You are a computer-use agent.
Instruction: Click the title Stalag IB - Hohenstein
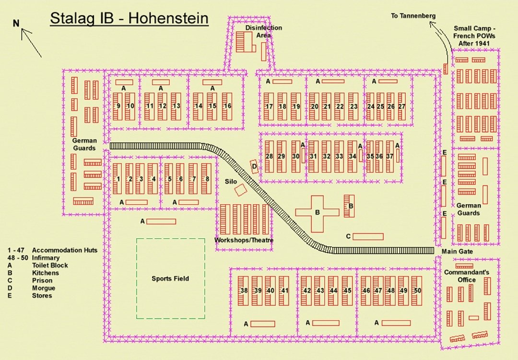[x=129, y=19]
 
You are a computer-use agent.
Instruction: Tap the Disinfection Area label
[x=264, y=32]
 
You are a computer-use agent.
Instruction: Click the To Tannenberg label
[x=413, y=16]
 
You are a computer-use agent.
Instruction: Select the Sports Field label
[x=170, y=279]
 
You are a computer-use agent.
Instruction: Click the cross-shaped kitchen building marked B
[x=317, y=213]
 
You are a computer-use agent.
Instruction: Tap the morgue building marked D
[x=255, y=166]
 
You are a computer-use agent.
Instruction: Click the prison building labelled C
[x=368, y=236]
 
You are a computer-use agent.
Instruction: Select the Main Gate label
[x=457, y=251]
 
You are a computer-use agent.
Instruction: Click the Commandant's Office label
[x=466, y=276]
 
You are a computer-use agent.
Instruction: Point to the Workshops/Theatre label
[x=244, y=240]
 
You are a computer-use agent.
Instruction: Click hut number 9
[x=118, y=106]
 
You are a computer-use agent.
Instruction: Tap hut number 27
[x=402, y=106]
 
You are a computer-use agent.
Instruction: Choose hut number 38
[x=244, y=290]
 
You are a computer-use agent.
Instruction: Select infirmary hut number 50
[x=417, y=290]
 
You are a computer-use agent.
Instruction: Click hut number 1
[x=118, y=179]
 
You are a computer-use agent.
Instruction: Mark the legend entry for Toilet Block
[x=50, y=265]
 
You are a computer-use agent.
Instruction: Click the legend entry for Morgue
[x=44, y=288]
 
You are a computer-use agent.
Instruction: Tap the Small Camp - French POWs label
[x=475, y=35]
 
